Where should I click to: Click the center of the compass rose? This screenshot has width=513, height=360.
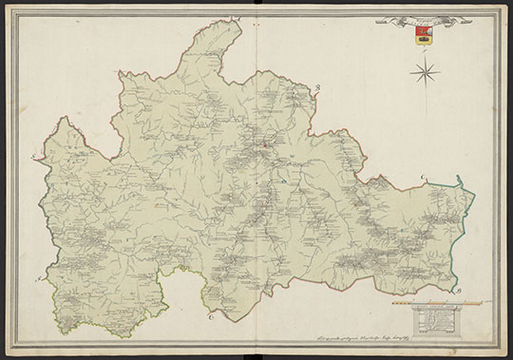point(425,68)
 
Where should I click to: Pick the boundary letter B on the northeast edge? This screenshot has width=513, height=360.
point(319,87)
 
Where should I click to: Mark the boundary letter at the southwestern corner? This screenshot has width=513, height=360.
point(38,280)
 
